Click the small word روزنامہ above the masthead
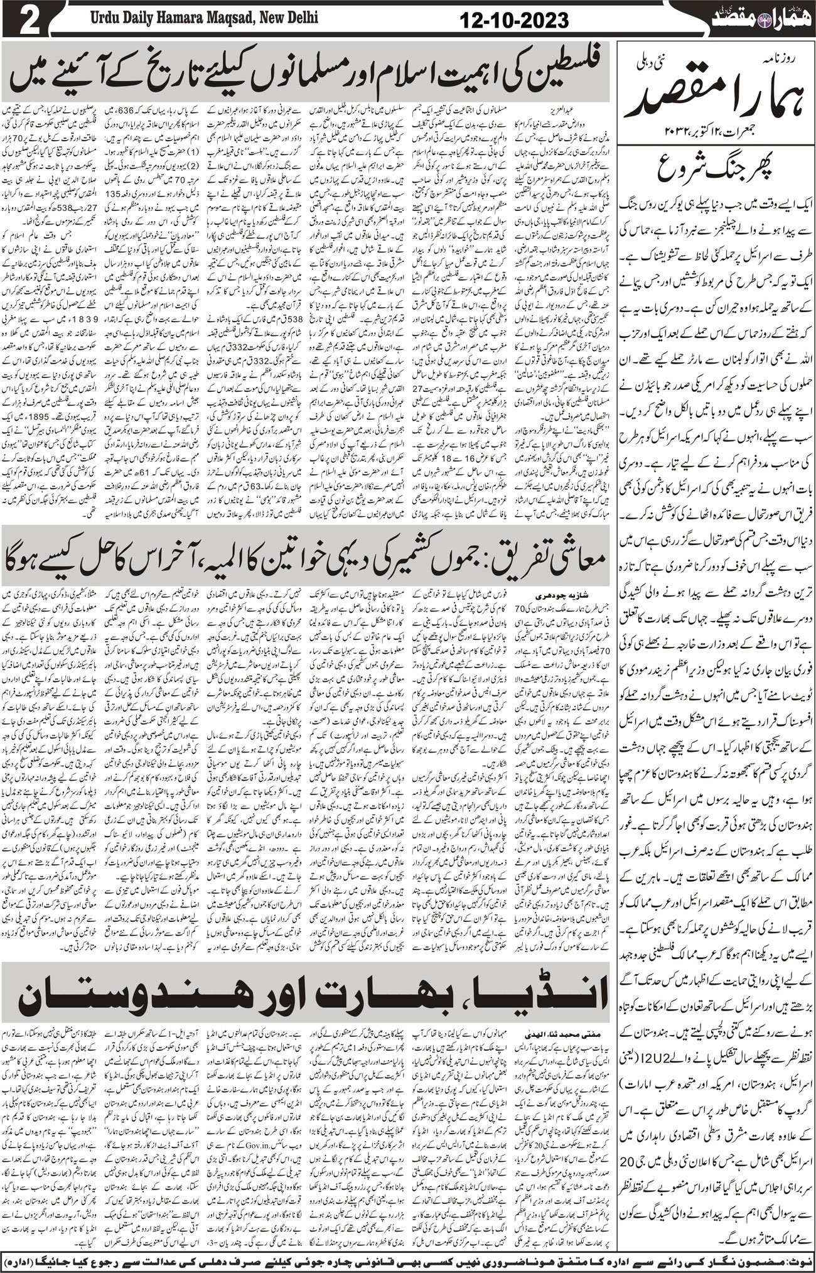[778, 61]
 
